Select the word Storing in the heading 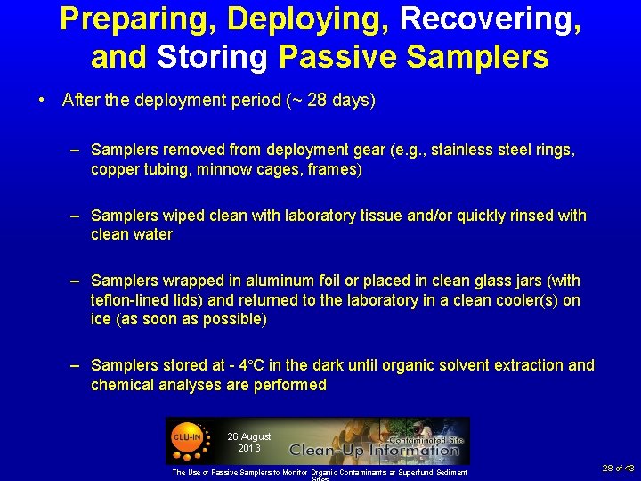214,57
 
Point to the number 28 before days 315,101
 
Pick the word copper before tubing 114,169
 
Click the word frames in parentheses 335,169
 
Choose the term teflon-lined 133,300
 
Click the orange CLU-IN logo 187,437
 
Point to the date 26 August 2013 248,442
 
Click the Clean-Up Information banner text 373,450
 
